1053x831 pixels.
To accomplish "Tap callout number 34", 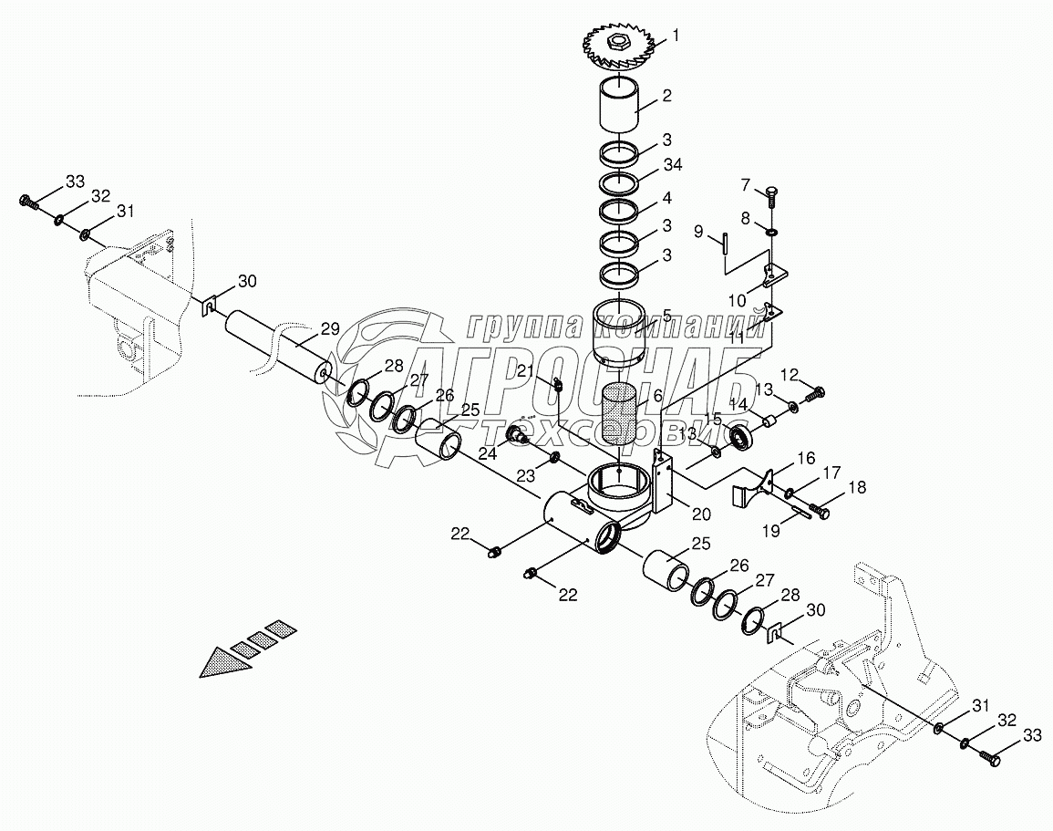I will click(x=671, y=164).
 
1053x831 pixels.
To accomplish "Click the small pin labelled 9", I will click(x=720, y=243).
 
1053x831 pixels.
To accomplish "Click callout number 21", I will click(x=526, y=369).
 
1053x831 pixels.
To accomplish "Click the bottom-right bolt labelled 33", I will click(x=986, y=757).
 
